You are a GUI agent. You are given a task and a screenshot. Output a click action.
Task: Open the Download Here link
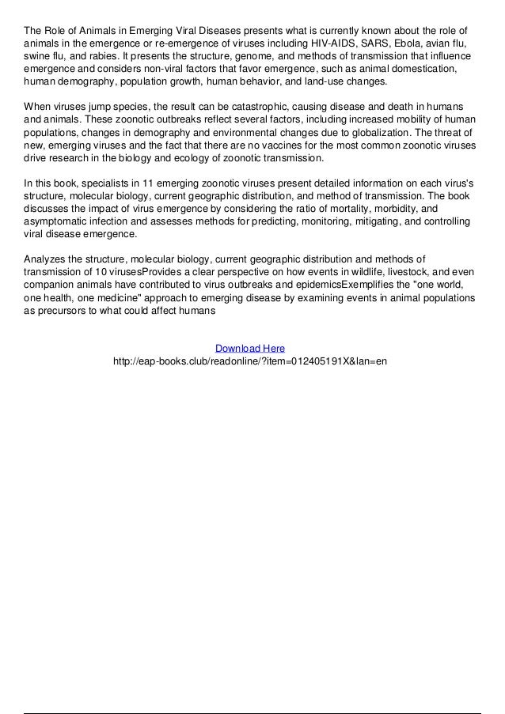(x=250, y=348)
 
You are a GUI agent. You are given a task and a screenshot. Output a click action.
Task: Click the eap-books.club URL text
(x=250, y=361)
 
